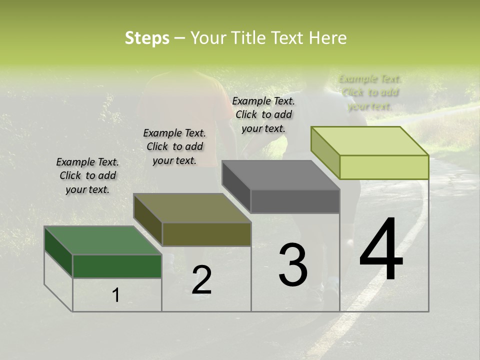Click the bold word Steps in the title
[147, 38]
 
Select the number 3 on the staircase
[293, 265]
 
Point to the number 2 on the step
[202, 280]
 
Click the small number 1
[116, 295]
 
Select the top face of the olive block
[192, 208]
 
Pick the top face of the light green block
[370, 140]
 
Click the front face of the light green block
[384, 167]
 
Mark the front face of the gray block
[295, 201]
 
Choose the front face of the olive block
[206, 234]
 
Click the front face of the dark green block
[117, 266]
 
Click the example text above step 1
[87, 175]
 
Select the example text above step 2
[174, 146]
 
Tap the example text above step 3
[263, 114]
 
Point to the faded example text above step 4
[370, 92]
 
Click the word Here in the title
[327, 38]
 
